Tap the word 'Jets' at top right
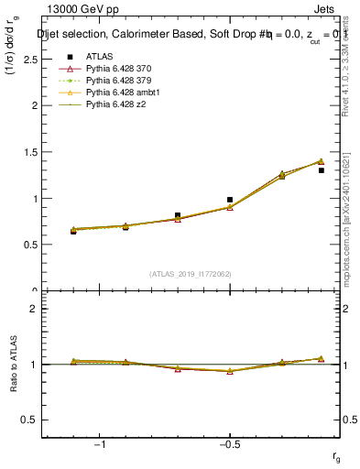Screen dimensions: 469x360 coord(326,10)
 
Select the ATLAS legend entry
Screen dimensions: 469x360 coord(100,56)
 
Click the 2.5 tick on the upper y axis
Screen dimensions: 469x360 coord(30,59)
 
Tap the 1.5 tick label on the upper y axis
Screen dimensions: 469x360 coord(30,152)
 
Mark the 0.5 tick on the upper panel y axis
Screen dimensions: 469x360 coord(30,245)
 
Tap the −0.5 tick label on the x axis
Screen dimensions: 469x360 coord(229,444)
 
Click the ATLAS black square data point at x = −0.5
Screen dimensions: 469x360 coord(230,199)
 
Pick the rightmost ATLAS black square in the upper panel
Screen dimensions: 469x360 coord(321,170)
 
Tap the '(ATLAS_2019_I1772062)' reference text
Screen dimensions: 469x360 coord(192,273)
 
